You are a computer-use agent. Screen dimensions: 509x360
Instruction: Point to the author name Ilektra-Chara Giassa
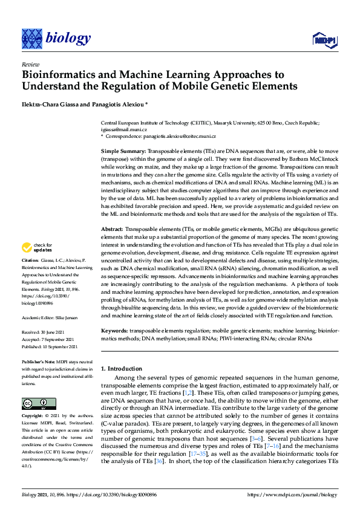coord(54,103)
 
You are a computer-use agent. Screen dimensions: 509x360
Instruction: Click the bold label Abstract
coord(111,230)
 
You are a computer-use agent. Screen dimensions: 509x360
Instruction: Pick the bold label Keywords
coord(114,331)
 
